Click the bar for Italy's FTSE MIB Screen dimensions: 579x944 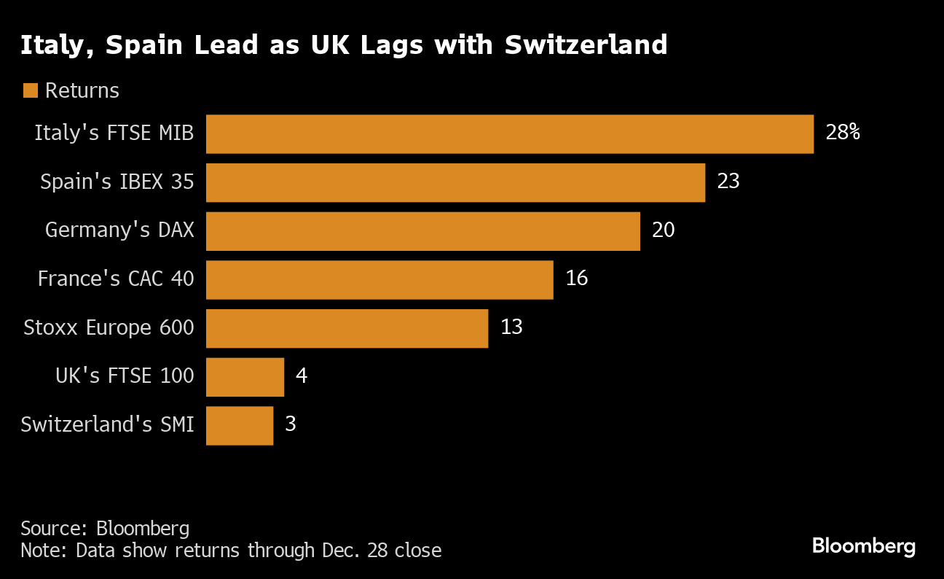click(509, 134)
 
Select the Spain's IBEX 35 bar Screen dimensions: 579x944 click(455, 182)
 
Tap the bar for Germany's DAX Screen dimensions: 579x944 click(422, 231)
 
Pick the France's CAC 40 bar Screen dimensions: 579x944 click(379, 279)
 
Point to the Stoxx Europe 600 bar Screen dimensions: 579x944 click(347, 328)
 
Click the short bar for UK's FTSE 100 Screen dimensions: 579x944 click(245, 376)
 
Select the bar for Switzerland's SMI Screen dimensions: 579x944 click(240, 425)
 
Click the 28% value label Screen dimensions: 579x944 click(843, 133)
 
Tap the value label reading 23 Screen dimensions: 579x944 click(728, 182)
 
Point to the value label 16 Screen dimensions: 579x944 click(576, 279)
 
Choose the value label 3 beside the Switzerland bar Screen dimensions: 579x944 click(291, 424)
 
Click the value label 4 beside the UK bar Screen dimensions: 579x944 click(301, 376)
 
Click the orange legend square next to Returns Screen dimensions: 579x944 click(30, 90)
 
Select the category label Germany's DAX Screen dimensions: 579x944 click(119, 230)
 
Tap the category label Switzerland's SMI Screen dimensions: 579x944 click(107, 424)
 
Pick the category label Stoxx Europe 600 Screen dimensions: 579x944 click(109, 327)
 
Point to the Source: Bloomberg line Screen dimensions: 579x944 click(105, 528)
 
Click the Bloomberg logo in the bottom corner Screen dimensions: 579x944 click(863, 545)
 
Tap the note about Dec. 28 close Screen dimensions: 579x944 click(231, 550)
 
